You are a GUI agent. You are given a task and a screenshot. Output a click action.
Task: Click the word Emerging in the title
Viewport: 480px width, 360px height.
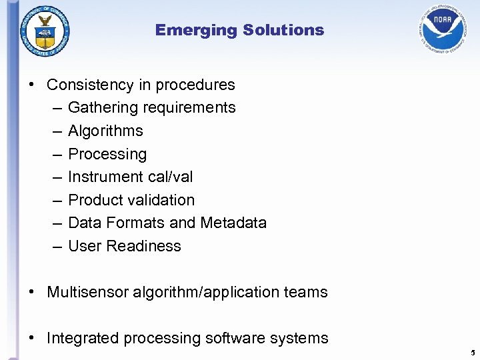pos(196,30)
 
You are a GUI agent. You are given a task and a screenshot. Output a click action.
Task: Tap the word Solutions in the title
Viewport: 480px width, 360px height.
pos(283,30)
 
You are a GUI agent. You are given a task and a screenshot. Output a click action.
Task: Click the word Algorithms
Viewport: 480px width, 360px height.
pos(105,131)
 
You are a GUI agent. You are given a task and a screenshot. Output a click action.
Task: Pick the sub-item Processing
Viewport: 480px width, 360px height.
pos(107,154)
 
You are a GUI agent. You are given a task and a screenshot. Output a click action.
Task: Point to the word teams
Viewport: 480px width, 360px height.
pos(305,292)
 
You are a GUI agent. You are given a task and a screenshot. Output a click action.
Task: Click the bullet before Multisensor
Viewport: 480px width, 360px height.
pos(32,292)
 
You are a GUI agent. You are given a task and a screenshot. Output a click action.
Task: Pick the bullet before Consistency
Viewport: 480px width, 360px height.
pos(32,85)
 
